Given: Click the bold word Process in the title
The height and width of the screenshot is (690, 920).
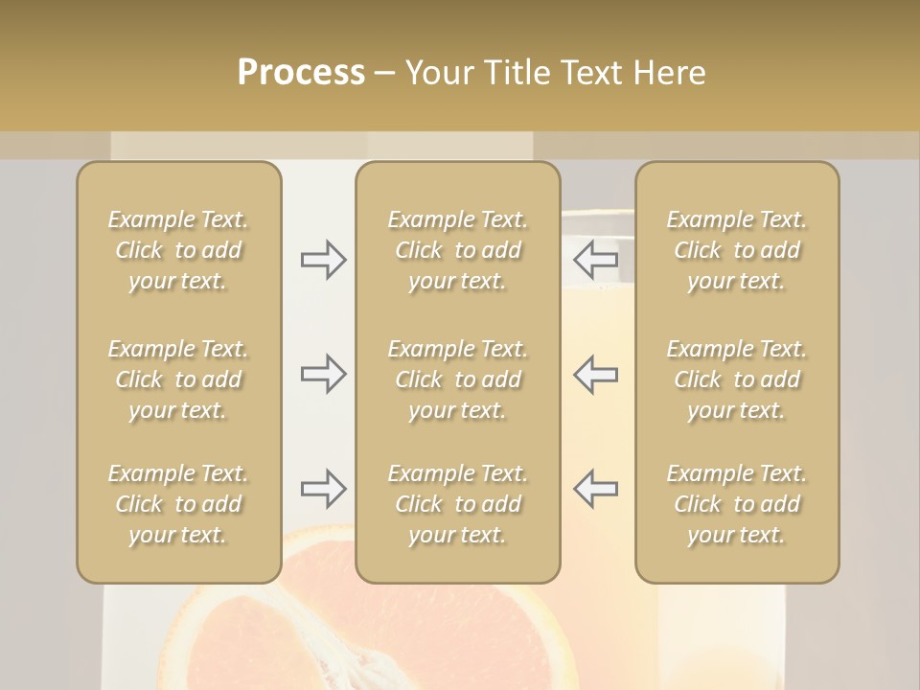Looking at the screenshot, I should (301, 73).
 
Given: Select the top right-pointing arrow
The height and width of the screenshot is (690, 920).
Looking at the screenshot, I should (323, 260).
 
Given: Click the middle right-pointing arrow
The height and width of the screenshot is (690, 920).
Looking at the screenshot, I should (323, 374).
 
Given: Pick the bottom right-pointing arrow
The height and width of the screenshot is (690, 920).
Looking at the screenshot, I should (323, 489).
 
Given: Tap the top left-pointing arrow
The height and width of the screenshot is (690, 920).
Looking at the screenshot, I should (595, 260).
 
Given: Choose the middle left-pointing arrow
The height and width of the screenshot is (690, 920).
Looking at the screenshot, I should (595, 374).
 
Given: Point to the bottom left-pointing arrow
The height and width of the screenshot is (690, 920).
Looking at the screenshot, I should (595, 489).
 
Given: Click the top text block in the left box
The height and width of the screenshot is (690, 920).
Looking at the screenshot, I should (178, 250).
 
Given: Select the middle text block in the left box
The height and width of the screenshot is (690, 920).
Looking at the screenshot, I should (178, 379).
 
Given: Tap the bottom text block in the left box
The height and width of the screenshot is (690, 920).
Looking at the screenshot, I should (178, 504).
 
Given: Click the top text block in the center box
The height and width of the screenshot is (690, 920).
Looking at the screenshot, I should (457, 250).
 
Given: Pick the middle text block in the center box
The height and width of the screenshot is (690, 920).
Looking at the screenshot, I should (457, 379).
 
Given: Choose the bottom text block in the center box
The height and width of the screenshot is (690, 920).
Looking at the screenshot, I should (457, 504).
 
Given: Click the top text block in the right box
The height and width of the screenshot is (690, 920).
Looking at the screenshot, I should (736, 250).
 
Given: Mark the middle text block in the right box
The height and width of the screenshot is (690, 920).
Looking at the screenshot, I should (736, 379).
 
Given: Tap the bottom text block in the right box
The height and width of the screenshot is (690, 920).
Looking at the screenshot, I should (736, 504).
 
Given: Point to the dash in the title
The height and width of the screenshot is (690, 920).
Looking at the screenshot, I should (385, 74).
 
